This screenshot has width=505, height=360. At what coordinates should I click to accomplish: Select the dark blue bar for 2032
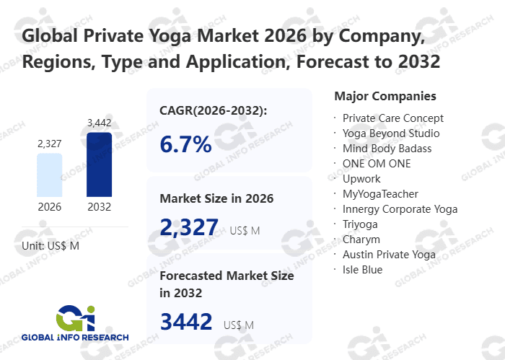pyautogui.click(x=99, y=164)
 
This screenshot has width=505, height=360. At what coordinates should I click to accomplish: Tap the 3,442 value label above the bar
pyautogui.click(x=99, y=123)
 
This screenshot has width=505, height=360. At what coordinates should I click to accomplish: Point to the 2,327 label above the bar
pyautogui.click(x=49, y=144)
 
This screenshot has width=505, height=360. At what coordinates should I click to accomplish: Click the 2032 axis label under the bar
pyautogui.click(x=99, y=207)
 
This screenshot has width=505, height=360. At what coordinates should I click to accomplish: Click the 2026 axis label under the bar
pyautogui.click(x=49, y=207)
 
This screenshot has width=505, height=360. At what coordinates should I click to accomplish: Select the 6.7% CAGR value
pyautogui.click(x=185, y=144)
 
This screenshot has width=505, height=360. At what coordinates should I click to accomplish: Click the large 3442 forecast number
pyautogui.click(x=186, y=322)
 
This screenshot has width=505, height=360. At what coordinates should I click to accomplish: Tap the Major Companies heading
pyautogui.click(x=385, y=96)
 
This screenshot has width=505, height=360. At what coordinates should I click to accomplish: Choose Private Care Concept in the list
pyautogui.click(x=392, y=118)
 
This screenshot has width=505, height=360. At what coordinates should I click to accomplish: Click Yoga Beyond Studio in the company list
pyautogui.click(x=390, y=133)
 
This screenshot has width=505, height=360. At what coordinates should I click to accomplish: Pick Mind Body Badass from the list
pyautogui.click(x=387, y=149)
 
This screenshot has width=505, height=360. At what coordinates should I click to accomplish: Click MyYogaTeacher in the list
pyautogui.click(x=380, y=194)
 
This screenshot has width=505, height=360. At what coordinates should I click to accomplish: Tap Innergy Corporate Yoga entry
pyautogui.click(x=400, y=209)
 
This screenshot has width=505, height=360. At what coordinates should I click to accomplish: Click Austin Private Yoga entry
pyautogui.click(x=389, y=255)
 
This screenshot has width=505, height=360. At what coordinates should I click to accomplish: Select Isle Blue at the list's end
pyautogui.click(x=362, y=270)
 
